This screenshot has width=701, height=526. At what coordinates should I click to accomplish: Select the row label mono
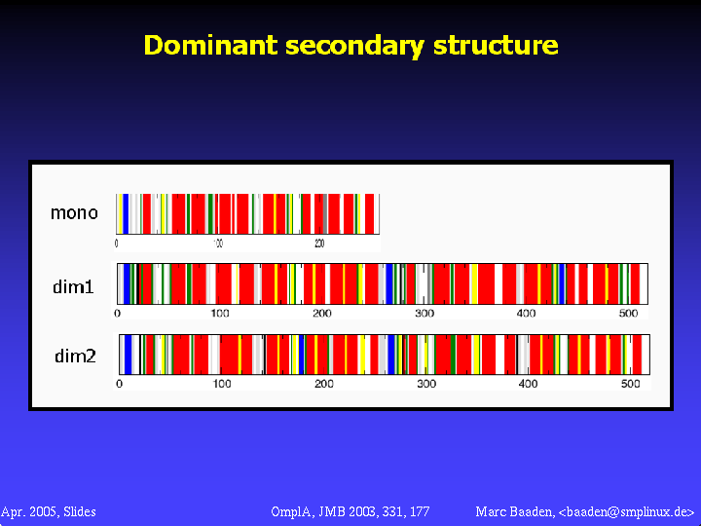tap(74, 212)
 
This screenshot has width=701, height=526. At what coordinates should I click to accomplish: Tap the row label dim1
tap(73, 286)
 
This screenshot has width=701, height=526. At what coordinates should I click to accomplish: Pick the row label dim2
tap(75, 357)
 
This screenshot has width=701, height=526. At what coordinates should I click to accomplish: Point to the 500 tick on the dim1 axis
tap(628, 313)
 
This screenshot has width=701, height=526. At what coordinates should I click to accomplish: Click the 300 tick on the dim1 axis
tap(424, 313)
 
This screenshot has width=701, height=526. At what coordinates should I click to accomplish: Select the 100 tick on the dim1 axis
tap(220, 313)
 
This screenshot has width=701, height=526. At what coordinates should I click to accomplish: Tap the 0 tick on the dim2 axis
tap(119, 384)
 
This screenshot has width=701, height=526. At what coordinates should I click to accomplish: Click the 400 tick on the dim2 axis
tap(529, 384)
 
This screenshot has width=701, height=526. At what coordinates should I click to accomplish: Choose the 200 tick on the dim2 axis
tap(324, 384)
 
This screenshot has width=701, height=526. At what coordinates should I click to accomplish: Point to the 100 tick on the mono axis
tap(218, 244)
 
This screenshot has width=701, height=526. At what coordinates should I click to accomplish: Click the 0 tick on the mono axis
tap(117, 244)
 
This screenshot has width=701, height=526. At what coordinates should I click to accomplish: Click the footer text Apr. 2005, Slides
tap(49, 511)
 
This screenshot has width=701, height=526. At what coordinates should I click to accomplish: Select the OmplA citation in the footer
tap(350, 511)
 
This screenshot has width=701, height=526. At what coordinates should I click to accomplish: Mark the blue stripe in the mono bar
tap(126, 213)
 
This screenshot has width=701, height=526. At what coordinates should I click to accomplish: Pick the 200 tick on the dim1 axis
tap(321, 313)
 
